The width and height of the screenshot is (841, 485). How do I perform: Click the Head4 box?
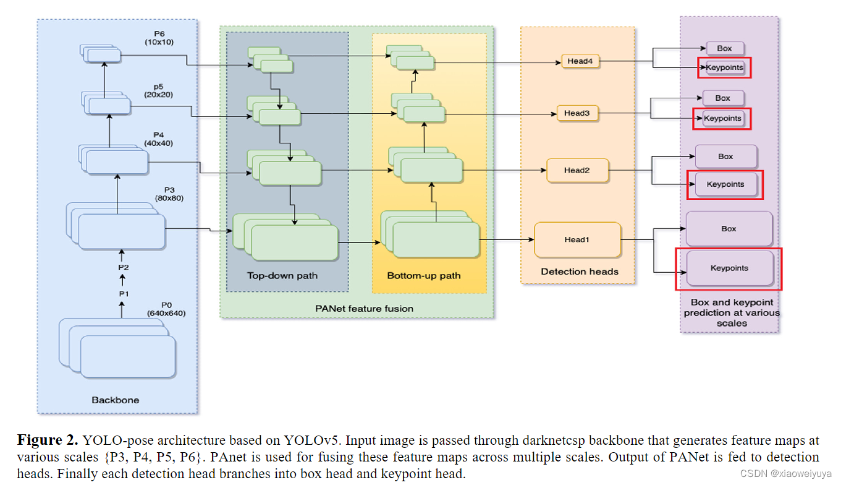click(580, 61)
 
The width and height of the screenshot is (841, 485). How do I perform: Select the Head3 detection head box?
click(577, 113)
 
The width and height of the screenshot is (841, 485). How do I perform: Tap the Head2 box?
click(577, 170)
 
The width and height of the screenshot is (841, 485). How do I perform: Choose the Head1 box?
click(577, 239)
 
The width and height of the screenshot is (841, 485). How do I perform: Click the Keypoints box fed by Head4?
click(725, 67)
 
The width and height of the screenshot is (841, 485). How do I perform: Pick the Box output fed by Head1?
click(729, 229)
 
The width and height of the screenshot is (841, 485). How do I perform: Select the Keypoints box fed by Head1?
click(730, 268)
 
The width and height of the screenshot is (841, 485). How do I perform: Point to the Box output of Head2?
click(725, 157)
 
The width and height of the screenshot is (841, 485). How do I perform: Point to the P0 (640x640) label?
click(166, 309)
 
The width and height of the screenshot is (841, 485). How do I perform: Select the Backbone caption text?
click(116, 400)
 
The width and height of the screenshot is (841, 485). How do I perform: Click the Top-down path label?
click(282, 275)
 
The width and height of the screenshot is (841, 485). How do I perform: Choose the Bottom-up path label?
click(424, 275)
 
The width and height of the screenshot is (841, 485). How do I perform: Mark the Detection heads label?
click(580, 271)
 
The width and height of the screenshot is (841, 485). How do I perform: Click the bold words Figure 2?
click(48, 440)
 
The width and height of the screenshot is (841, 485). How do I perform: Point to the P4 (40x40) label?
click(159, 139)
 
